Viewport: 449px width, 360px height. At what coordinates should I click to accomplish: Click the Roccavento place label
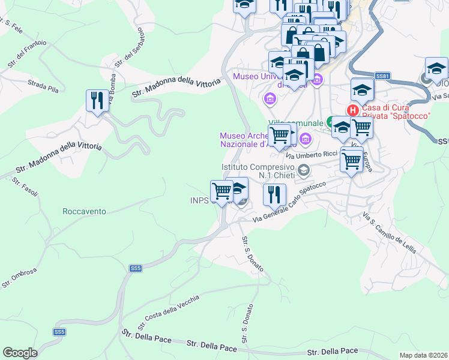pos(84,211)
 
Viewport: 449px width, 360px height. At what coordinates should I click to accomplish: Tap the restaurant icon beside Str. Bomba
pos(97,100)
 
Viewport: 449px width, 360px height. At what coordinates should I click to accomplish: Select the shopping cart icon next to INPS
pos(221,191)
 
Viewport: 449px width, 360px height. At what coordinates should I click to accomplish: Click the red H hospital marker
pos(353,110)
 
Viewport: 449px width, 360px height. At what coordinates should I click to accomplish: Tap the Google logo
pos(20,353)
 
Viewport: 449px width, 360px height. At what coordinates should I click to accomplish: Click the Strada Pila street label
pos(44,85)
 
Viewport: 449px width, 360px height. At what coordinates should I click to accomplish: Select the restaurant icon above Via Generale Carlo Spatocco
pos(274,194)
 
